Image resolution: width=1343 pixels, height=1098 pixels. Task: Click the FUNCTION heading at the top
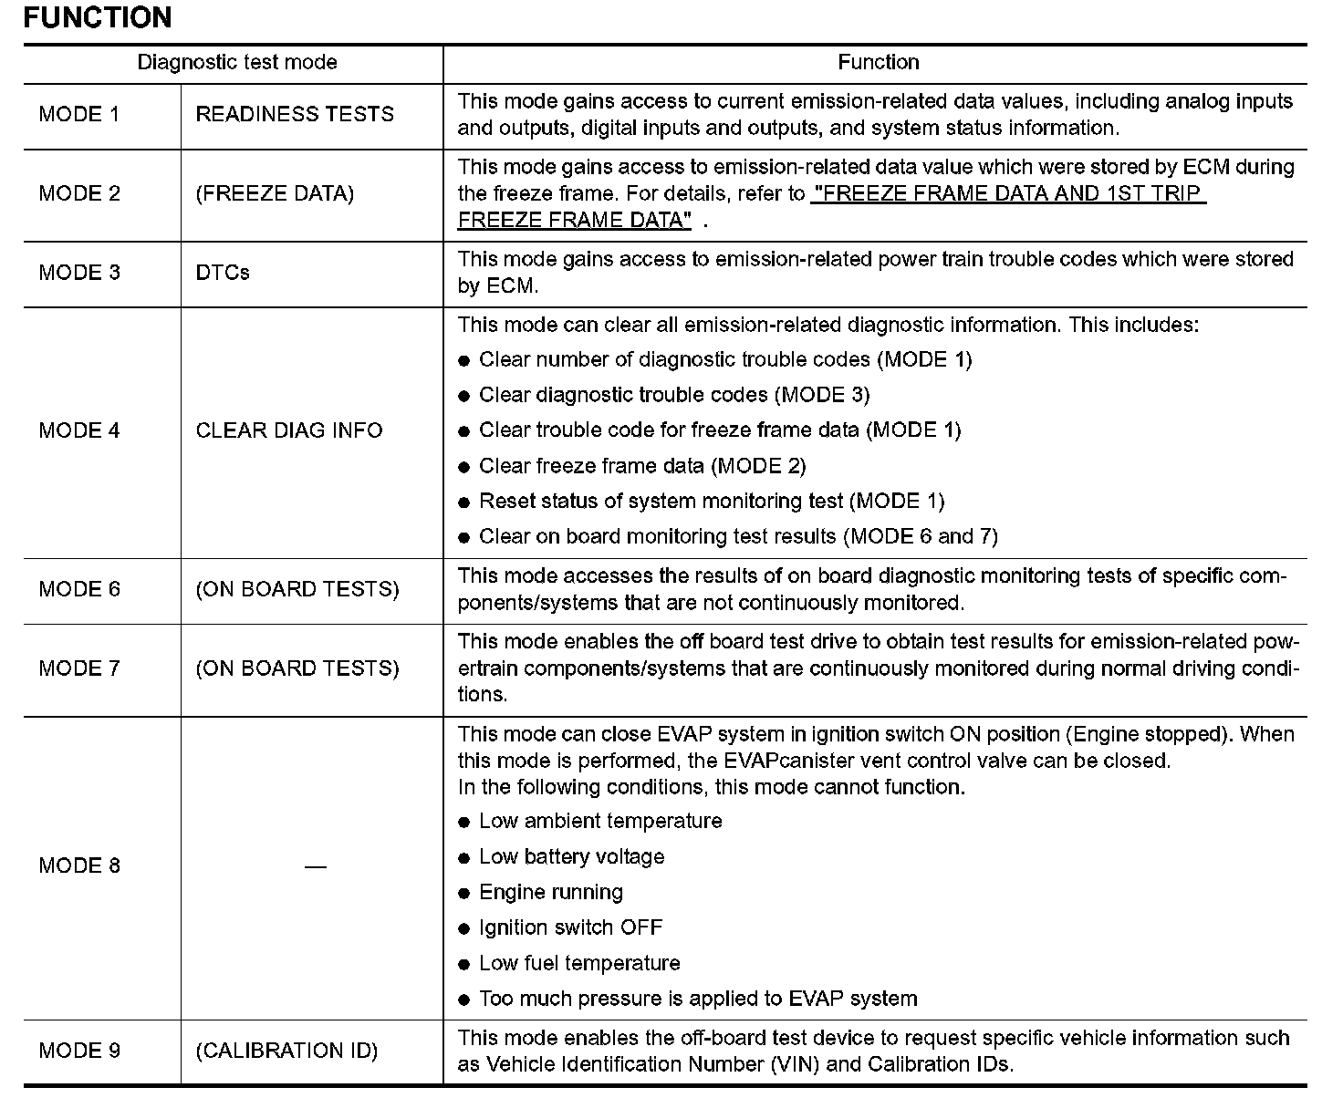(x=97, y=17)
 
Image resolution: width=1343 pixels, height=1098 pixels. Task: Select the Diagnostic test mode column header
(x=237, y=62)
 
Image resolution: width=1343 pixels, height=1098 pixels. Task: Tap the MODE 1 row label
(x=79, y=114)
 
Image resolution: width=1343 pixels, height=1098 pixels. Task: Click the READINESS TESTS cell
(x=295, y=114)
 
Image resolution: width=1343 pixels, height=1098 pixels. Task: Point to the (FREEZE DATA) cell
(x=275, y=193)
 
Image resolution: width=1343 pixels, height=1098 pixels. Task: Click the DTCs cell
(x=223, y=273)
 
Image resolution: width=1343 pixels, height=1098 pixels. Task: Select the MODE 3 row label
(x=79, y=273)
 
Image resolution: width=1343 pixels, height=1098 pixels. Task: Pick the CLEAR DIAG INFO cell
(x=289, y=430)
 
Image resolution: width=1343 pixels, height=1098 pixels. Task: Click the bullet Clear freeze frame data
(x=642, y=466)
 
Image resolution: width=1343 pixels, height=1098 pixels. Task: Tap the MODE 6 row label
(x=79, y=589)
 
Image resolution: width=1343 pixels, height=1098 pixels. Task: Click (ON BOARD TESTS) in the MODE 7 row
(x=297, y=668)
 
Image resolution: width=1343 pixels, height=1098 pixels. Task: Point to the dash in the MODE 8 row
(x=315, y=865)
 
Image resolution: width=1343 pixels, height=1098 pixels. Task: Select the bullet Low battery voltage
(x=571, y=856)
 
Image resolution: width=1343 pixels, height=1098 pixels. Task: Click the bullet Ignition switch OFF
(x=570, y=927)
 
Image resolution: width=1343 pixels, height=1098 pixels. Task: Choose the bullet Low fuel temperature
(x=579, y=963)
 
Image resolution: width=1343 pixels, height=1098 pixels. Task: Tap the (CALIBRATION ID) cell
(x=286, y=1051)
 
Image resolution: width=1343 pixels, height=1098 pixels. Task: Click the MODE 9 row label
(x=79, y=1051)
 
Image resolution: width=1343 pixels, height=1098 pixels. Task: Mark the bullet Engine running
(x=551, y=892)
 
